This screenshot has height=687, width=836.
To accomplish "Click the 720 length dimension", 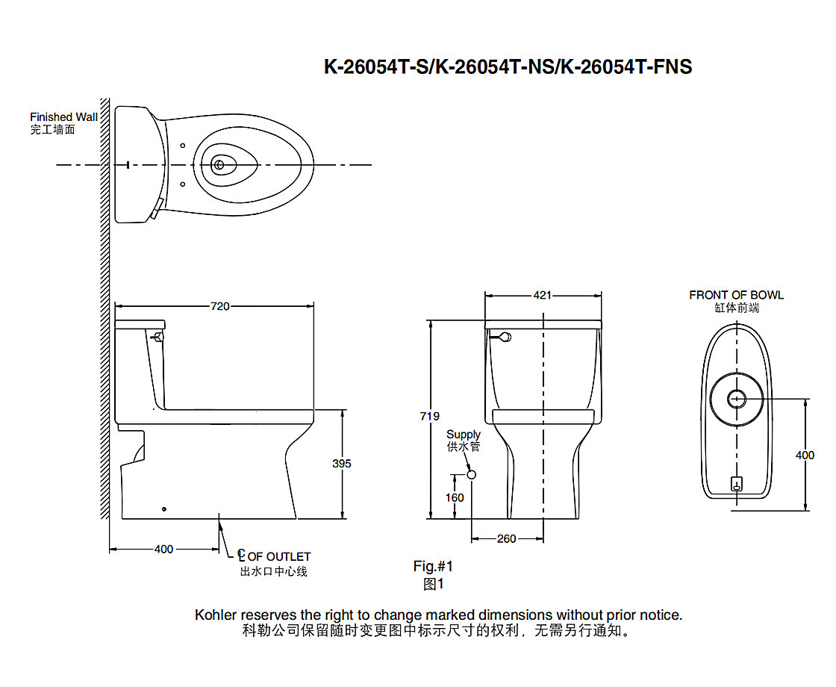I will pyautogui.click(x=219, y=306).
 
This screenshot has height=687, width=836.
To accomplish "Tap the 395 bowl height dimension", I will pyautogui.click(x=341, y=464).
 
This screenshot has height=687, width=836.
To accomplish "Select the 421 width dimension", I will pyautogui.click(x=543, y=296).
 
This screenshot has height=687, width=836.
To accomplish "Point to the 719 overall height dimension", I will pyautogui.click(x=430, y=417).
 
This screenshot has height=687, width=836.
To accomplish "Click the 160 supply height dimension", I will pyautogui.click(x=454, y=497).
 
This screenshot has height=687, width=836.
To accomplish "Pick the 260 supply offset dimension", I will pyautogui.click(x=506, y=538).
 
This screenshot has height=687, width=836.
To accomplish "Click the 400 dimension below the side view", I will pyautogui.click(x=163, y=550).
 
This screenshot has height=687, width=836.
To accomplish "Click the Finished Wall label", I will pyautogui.click(x=63, y=117).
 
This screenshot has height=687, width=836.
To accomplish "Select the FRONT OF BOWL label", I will pyautogui.click(x=736, y=295).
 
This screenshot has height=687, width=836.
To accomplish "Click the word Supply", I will pyautogui.click(x=464, y=435).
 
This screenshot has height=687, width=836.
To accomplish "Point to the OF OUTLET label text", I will pyautogui.click(x=279, y=556).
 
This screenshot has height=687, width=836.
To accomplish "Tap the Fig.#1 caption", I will pyautogui.click(x=433, y=567).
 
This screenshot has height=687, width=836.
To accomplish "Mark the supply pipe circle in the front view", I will pyautogui.click(x=471, y=474).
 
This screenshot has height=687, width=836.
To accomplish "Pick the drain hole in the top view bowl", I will pyautogui.click(x=219, y=164).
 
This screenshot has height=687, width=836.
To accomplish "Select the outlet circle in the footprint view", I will pyautogui.click(x=736, y=398).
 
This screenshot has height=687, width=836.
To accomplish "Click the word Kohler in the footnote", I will pyautogui.click(x=216, y=615).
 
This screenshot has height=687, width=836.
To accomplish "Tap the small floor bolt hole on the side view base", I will pyautogui.click(x=164, y=509).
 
